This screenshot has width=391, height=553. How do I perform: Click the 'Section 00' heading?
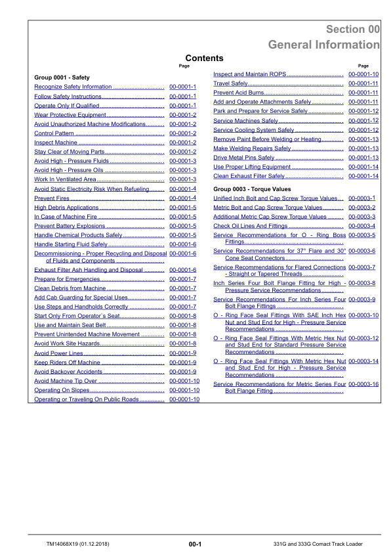(352, 30)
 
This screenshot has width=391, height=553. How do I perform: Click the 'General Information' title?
(323, 45)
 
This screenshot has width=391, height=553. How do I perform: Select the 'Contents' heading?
(204, 58)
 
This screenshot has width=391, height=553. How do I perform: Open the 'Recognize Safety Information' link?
(73, 87)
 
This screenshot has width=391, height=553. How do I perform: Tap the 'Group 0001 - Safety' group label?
(62, 77)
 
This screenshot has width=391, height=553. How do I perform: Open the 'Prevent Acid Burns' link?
(239, 93)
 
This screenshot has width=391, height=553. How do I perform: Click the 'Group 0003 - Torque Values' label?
(252, 188)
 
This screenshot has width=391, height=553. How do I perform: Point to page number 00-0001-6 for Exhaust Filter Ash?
(183, 270)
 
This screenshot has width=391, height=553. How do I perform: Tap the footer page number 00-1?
(195, 544)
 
